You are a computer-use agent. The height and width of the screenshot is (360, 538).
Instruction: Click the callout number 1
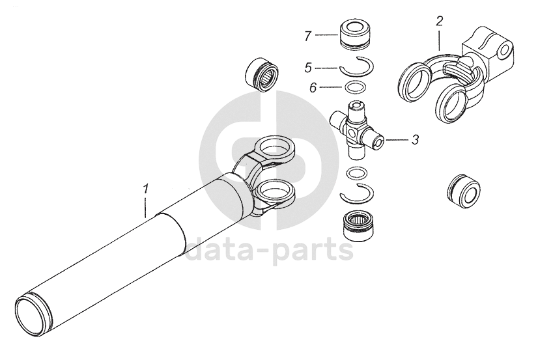[146, 189]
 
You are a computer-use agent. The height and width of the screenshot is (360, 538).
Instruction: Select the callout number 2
[439, 21]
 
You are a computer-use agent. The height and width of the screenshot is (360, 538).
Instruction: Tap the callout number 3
[415, 140]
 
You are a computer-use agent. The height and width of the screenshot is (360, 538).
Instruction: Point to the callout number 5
[308, 68]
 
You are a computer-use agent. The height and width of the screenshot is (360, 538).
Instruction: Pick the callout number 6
[313, 88]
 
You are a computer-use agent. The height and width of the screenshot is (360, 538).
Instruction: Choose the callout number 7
[308, 36]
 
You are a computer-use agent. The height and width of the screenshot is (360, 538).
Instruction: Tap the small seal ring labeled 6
[354, 87]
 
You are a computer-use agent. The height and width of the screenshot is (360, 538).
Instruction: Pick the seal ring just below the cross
[357, 173]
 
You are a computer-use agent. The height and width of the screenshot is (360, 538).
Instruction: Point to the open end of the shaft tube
[33, 312]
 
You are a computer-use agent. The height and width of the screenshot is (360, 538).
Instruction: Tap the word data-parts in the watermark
[270, 249]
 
